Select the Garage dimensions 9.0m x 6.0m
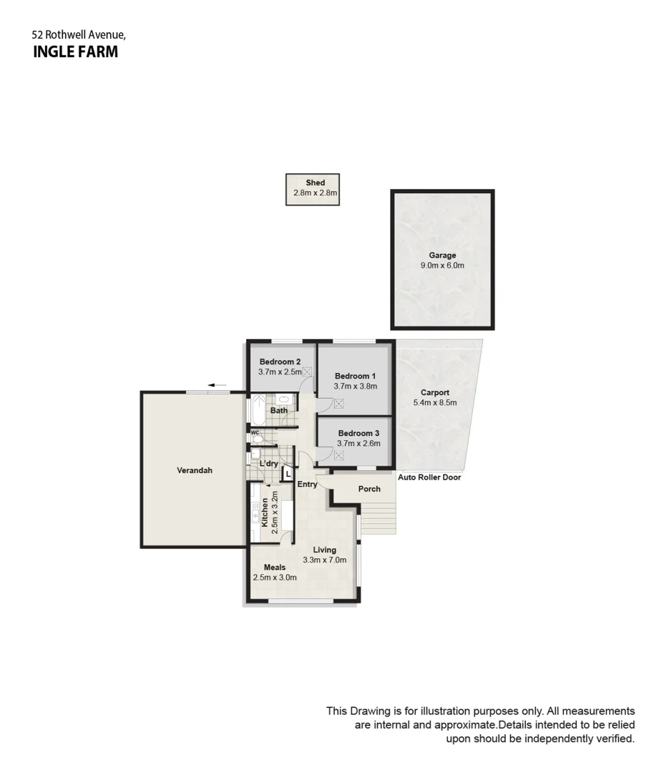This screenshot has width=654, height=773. (442, 266)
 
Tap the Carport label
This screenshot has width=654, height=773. (434, 392)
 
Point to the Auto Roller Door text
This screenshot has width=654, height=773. (429, 477)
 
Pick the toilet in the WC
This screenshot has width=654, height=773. (258, 438)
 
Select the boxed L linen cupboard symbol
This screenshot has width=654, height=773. (288, 473)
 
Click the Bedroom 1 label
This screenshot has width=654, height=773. (355, 376)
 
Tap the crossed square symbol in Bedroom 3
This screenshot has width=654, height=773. (338, 455)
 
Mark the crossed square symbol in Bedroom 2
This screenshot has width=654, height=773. (307, 371)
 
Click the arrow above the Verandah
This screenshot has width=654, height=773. (218, 386)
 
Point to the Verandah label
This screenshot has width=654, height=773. (195, 470)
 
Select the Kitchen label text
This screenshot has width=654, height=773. (265, 512)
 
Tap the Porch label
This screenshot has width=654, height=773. (369, 490)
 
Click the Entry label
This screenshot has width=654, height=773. (308, 485)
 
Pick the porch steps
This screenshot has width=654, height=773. (377, 516)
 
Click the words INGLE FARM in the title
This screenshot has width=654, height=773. (76, 52)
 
